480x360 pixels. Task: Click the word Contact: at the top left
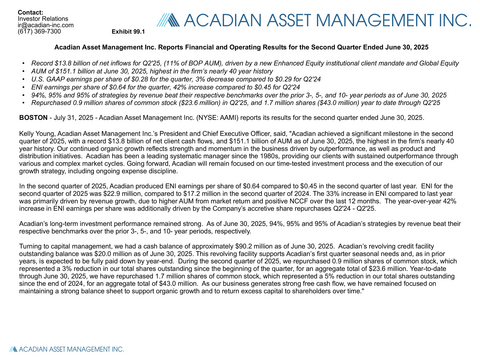(19, 8)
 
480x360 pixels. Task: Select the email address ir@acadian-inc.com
(33, 23)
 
